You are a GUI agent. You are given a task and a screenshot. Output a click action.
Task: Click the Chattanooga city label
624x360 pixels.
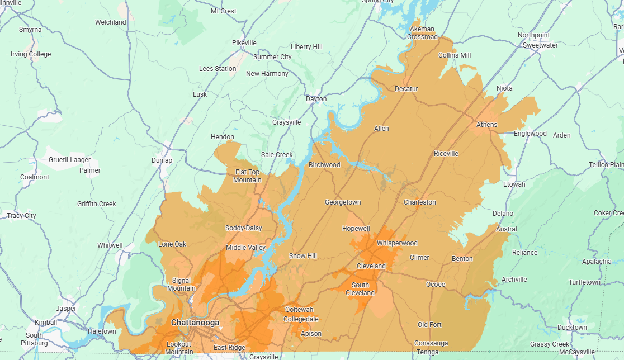coord(195,323)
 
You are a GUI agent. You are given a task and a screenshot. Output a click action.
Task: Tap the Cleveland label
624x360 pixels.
coord(371,266)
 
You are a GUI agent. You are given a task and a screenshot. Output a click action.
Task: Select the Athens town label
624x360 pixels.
coord(486,125)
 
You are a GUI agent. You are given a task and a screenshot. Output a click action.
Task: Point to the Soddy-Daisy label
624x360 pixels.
coord(243,228)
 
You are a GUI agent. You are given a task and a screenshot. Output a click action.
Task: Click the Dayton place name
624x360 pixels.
coord(316,99)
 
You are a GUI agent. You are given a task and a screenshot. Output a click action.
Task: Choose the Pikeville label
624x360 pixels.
coord(244,43)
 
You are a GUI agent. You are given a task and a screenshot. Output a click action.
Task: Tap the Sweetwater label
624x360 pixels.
coord(540,45)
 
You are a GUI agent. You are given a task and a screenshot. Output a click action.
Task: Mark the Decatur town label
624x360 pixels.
coord(406,89)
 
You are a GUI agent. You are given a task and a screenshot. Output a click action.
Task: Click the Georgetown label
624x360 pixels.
coord(343,202)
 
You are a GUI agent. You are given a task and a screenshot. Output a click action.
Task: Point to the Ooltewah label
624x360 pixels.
coord(299,310)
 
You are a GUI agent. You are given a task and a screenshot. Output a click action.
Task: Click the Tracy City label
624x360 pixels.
coord(21,216)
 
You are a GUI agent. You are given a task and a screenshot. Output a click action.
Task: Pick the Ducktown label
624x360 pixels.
coord(572,328)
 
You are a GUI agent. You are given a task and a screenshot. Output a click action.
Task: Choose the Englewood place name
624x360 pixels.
coord(530,134)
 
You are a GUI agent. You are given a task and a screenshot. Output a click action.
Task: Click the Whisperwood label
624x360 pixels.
coord(397,243)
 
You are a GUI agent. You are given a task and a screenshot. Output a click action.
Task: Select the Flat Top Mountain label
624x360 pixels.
coord(247,176)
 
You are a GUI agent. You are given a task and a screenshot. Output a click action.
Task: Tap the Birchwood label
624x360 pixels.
coord(324,165)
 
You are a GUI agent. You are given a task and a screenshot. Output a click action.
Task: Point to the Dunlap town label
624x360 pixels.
coord(162,160)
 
